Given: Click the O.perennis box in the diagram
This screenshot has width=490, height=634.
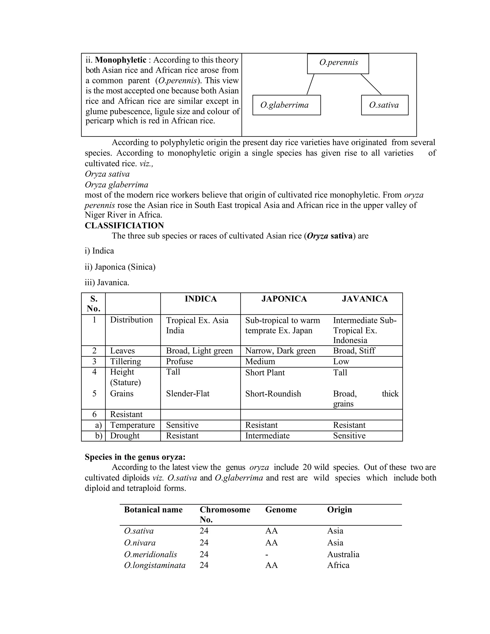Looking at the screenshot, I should [x=338, y=64].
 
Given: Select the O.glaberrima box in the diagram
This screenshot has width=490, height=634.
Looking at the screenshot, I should [x=286, y=105].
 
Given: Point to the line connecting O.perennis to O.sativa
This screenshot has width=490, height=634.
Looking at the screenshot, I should [x=371, y=84].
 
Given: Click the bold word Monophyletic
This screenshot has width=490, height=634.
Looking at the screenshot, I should [x=121, y=60].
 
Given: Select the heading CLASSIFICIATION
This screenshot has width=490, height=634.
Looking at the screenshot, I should [x=124, y=226].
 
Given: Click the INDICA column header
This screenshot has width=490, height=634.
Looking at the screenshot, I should [x=200, y=299].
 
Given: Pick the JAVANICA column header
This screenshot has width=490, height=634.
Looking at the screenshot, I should [x=365, y=299].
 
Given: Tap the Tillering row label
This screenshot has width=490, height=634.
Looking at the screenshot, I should [x=125, y=361].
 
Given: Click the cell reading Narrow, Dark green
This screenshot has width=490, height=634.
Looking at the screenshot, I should [x=280, y=351].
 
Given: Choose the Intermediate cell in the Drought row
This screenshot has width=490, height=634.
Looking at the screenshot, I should [x=267, y=435].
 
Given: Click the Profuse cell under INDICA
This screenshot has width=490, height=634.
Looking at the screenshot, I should [x=179, y=361].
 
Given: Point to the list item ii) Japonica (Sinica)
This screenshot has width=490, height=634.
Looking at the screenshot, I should [x=120, y=267].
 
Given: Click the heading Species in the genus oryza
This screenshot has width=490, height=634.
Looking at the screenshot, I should [x=135, y=457].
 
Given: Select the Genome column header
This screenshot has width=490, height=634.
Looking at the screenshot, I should [x=281, y=510].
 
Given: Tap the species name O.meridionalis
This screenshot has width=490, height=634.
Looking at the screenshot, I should [x=150, y=555].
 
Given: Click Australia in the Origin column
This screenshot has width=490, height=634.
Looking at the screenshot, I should [x=343, y=555].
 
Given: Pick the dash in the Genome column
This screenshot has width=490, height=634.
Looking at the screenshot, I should [x=267, y=555].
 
